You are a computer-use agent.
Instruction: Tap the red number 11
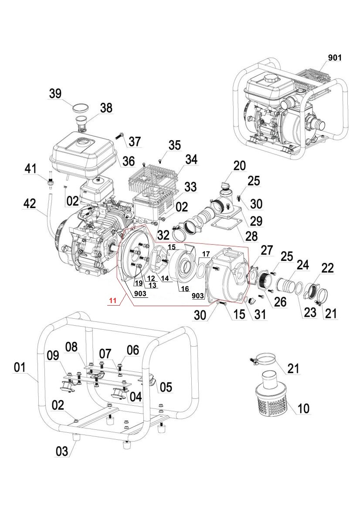pos(113,300)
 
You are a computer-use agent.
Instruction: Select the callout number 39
pos(55,94)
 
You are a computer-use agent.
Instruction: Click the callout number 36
pos(129,161)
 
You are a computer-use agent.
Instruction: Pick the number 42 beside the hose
pos(30,204)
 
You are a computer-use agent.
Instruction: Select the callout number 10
pos(303,408)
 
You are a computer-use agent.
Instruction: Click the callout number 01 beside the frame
pos(20,368)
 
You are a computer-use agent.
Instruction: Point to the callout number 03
pos(62,451)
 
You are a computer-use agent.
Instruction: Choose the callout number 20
pos(239,165)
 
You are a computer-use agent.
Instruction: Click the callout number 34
pos(191,159)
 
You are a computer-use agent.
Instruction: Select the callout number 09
pos(53,356)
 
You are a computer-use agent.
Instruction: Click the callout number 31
pos(260,314)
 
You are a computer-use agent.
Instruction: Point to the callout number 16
pos(184,288)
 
